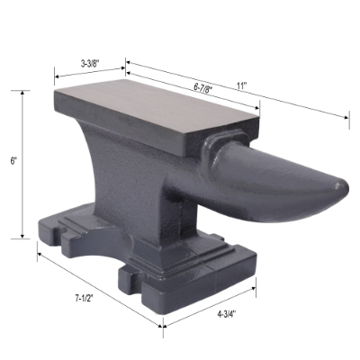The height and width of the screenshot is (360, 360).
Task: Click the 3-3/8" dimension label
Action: [90, 63]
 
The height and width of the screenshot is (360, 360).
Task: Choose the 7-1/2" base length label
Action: [85, 297]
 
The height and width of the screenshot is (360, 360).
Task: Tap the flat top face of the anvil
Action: [157, 108]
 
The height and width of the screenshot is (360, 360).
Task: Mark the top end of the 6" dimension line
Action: [23, 92]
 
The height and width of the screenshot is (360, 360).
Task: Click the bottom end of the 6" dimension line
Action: [23, 238]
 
